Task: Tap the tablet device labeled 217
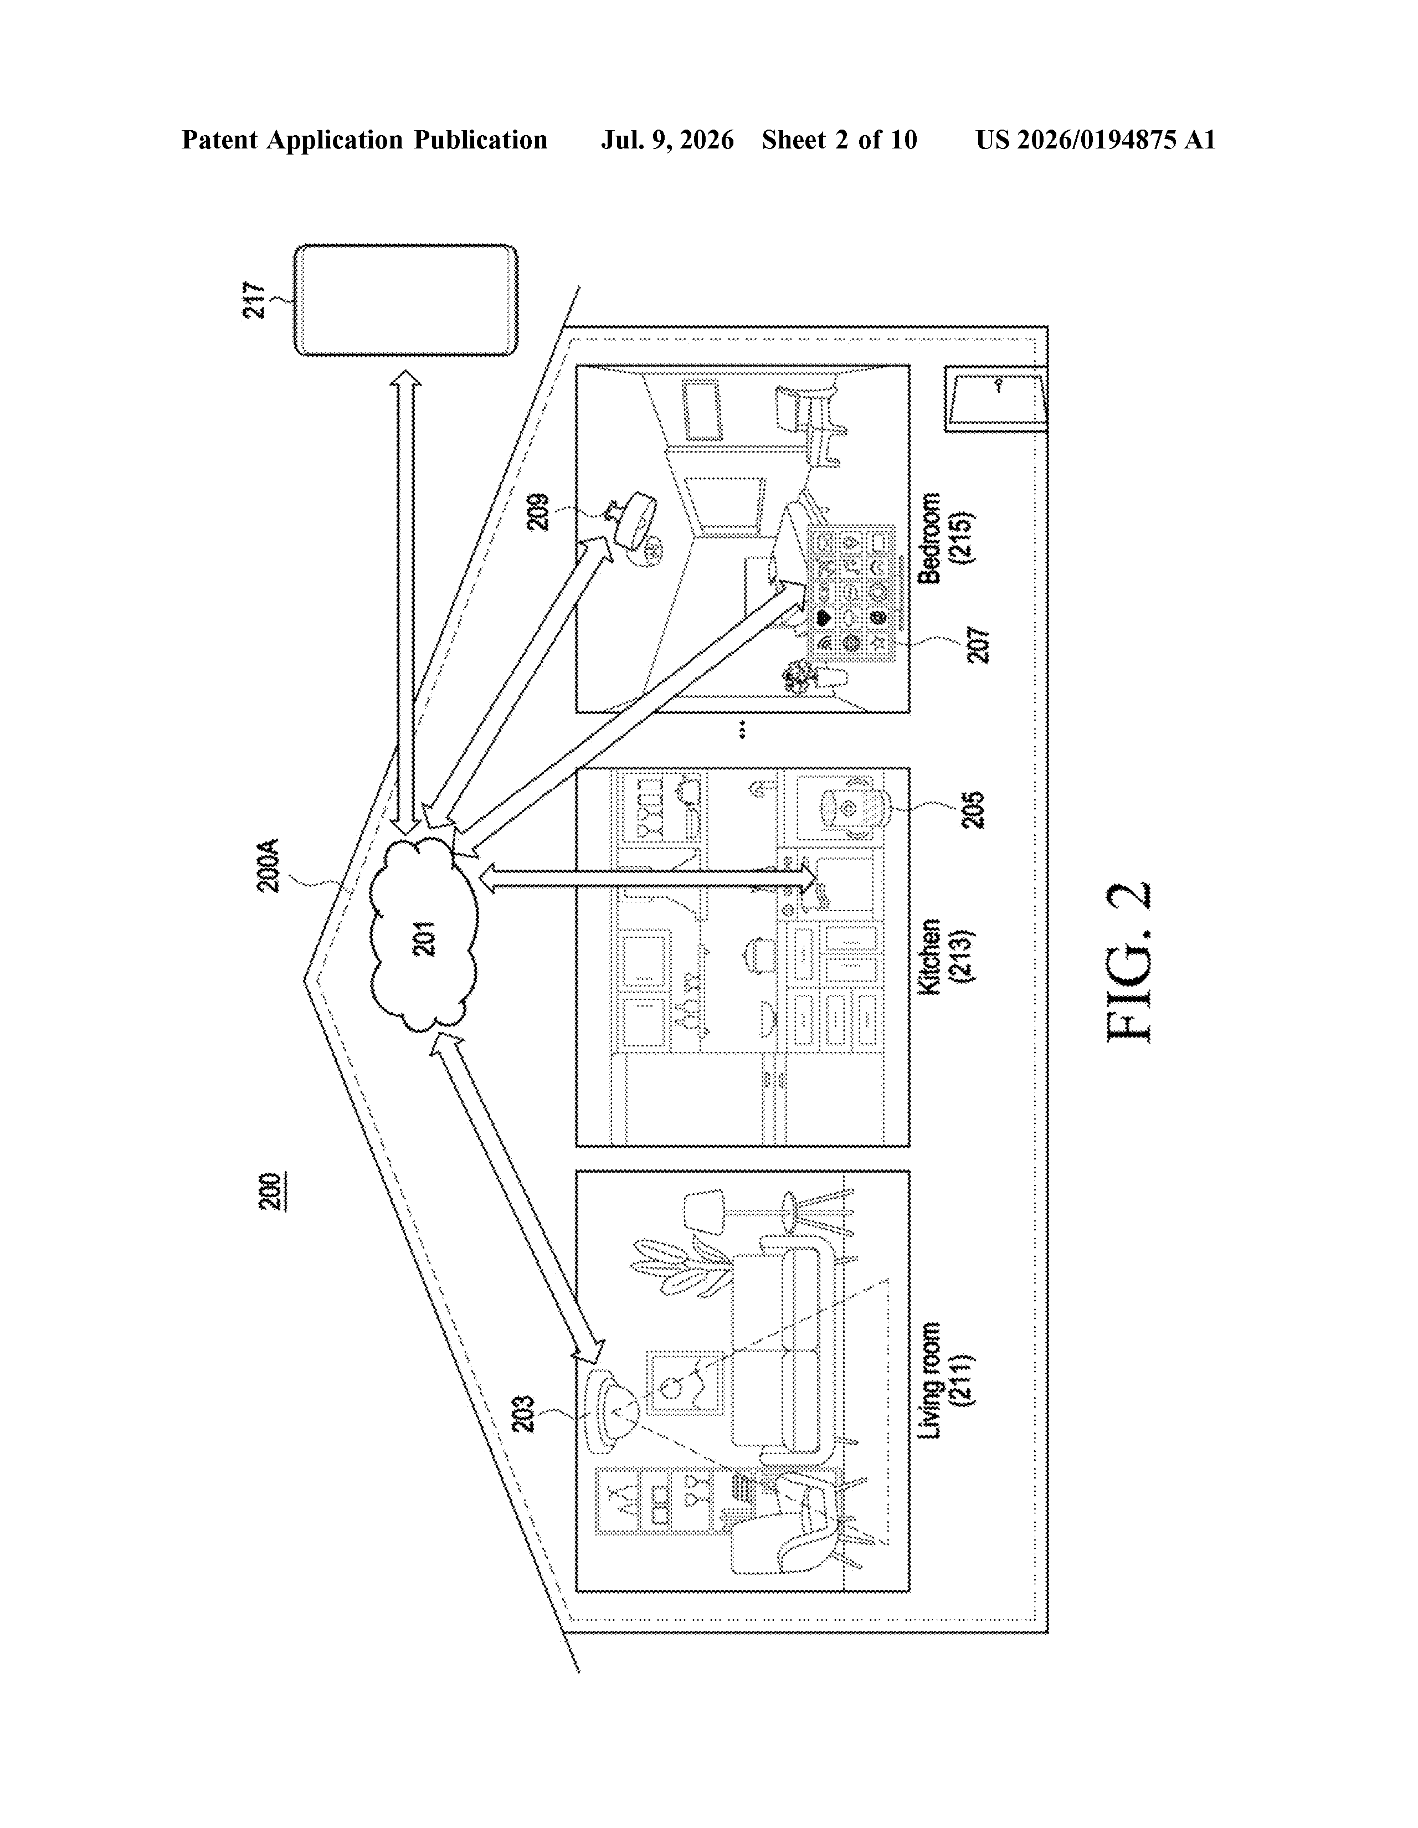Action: click(x=405, y=300)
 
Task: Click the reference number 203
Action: click(x=524, y=1415)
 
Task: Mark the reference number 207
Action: click(x=978, y=644)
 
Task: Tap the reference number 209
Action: click(x=538, y=511)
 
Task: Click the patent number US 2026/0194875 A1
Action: click(x=1096, y=140)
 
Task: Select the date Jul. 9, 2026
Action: click(x=667, y=140)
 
